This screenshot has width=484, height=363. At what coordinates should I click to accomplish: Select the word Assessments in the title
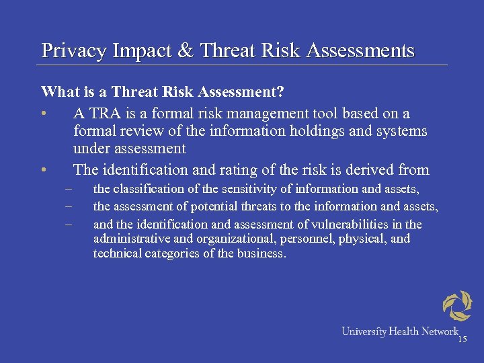tap(360, 51)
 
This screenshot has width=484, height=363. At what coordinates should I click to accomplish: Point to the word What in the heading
tap(58, 91)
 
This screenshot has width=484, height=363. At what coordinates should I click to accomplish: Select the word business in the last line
tap(263, 254)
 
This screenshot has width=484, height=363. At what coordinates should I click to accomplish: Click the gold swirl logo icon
tap(458, 306)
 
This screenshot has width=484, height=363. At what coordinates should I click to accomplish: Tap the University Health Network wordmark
tap(399, 331)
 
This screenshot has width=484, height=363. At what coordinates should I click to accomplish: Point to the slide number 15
tap(462, 340)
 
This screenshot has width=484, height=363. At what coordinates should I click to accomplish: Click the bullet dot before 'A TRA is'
tap(44, 113)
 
